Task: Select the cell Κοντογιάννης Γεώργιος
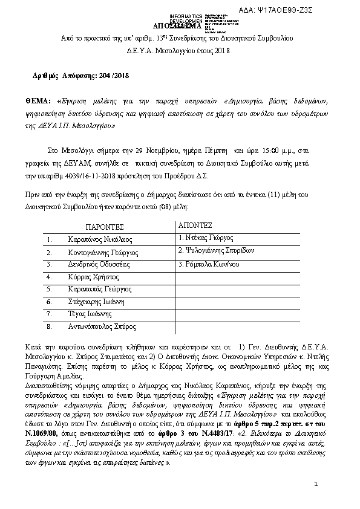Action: pyautogui.click(x=103, y=252)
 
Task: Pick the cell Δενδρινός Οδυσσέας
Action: pyautogui.click(x=98, y=265)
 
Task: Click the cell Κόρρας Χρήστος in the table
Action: pyautogui.click(x=91, y=277)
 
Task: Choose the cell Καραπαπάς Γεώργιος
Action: pyautogui.click(x=99, y=290)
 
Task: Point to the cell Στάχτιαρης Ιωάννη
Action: pyautogui.click(x=96, y=302)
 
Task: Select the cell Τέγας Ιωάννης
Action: pyautogui.click(x=90, y=314)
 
